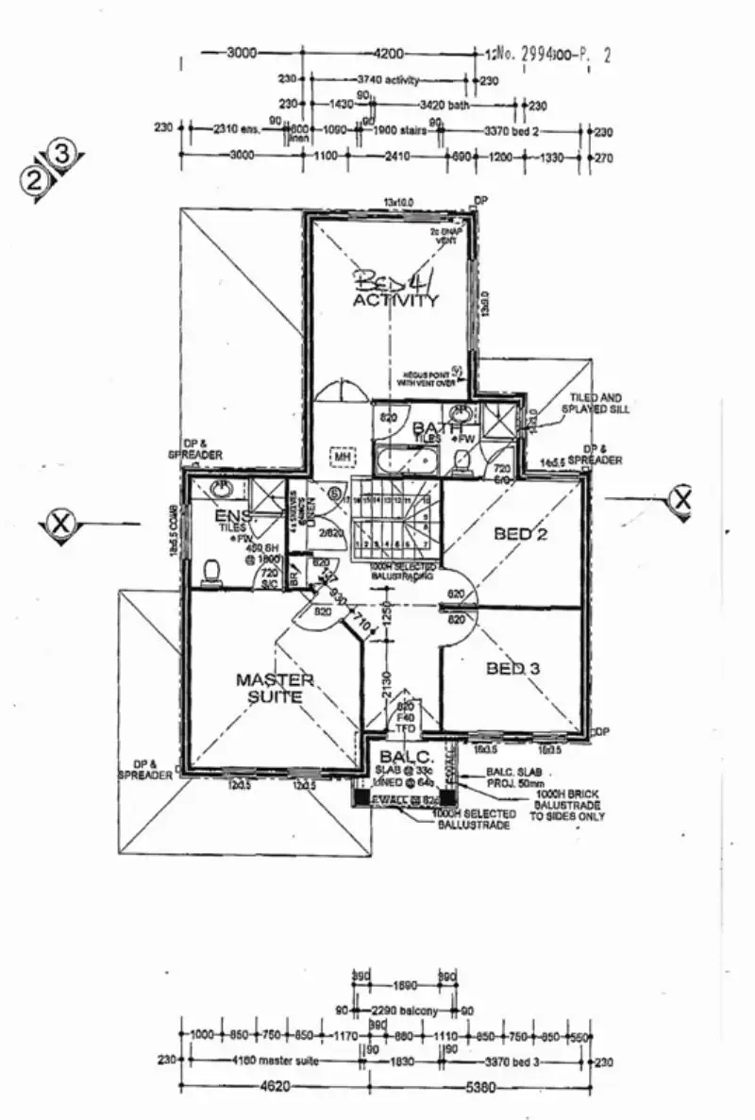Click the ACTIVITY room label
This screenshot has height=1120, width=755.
(x=395, y=302)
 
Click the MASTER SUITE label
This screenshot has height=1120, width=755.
(x=274, y=688)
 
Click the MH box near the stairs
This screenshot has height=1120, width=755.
(x=341, y=457)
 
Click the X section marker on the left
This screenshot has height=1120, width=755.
(x=61, y=522)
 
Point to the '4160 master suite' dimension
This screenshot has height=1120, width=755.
(x=275, y=1061)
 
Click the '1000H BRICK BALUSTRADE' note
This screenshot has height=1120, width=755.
(x=567, y=805)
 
